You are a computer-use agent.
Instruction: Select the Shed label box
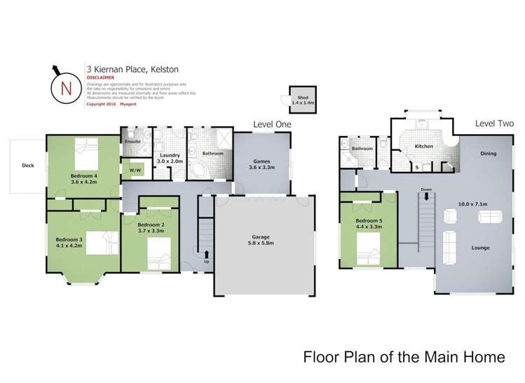tap(303, 100)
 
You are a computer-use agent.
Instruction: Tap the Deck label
tap(27, 166)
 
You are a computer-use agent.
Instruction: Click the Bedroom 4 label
tap(84, 176)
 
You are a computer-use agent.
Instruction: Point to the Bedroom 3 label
tap(69, 240)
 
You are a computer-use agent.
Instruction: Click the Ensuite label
tap(132, 142)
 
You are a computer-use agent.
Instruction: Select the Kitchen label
tap(424, 146)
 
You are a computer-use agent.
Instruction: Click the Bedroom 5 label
tap(369, 221)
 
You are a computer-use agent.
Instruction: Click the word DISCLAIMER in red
tap(102, 79)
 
